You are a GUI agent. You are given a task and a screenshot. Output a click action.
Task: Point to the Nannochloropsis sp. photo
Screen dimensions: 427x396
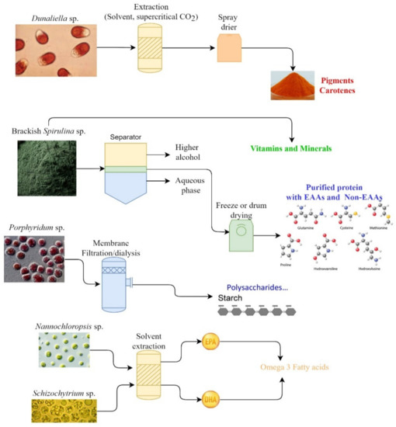[57, 349]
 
